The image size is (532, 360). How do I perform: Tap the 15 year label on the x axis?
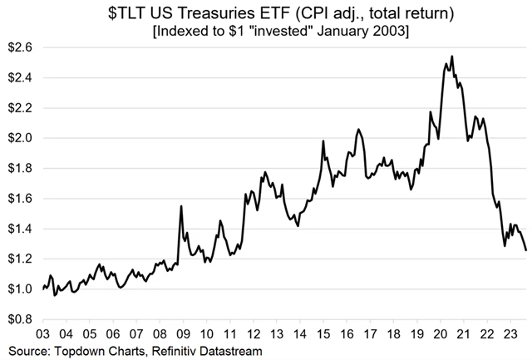pos(322,333)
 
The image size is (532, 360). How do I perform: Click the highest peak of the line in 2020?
pos(451,57)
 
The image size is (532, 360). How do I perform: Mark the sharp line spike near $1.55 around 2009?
pos(181,206)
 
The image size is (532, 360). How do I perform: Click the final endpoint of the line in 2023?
pos(525,249)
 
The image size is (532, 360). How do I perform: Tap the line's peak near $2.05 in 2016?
pos(357,130)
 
